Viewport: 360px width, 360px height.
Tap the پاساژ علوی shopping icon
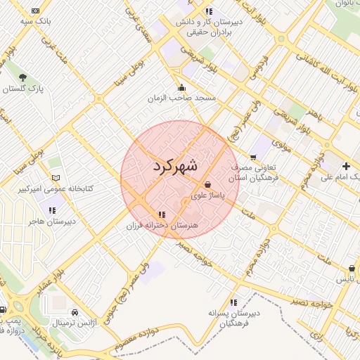pyautogui.click(x=207, y=184)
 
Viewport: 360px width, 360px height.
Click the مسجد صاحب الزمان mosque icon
pyautogui.click(x=182, y=88)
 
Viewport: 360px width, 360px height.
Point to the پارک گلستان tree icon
pyautogui.click(x=24, y=77)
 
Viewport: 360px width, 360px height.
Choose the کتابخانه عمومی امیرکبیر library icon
pyautogui.click(x=56, y=178)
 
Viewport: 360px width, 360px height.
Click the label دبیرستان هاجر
pyautogui.click(x=51, y=221)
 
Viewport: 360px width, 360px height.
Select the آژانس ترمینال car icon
pyautogui.click(x=75, y=311)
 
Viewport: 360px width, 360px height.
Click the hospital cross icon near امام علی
pyautogui.click(x=346, y=166)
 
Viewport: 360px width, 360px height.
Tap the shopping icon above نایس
pyautogui.click(x=351, y=268)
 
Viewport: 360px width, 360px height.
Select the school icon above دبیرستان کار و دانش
pyautogui.click(x=208, y=11)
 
